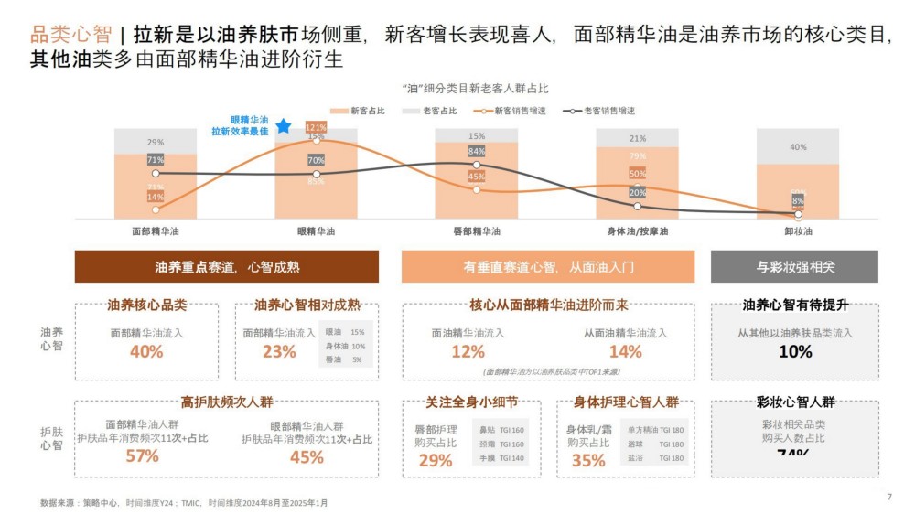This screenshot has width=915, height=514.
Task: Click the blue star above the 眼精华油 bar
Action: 284,125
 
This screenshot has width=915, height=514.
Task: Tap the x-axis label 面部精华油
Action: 155,231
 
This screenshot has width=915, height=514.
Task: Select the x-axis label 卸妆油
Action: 797,231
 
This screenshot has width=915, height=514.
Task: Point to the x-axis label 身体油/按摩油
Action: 637,231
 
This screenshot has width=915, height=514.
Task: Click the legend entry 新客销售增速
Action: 501,111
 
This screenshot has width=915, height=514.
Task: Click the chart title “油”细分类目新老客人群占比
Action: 475,88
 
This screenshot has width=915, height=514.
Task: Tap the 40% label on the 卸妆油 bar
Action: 798,146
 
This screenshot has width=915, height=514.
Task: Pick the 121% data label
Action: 316,127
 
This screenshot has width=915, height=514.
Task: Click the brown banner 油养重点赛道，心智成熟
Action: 227,267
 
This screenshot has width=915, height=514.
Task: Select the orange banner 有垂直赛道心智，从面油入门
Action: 547,267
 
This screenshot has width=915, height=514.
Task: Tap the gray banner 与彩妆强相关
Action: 794,267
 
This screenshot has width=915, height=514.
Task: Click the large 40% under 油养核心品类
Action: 146,351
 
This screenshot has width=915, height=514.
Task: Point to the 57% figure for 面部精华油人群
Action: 142,456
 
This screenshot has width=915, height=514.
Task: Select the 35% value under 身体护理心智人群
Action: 588,460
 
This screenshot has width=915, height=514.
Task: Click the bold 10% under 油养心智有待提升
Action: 795,351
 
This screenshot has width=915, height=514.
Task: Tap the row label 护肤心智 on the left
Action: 52,438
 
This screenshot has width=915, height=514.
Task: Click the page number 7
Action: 889,497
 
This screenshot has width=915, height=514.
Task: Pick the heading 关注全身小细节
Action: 471,402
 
